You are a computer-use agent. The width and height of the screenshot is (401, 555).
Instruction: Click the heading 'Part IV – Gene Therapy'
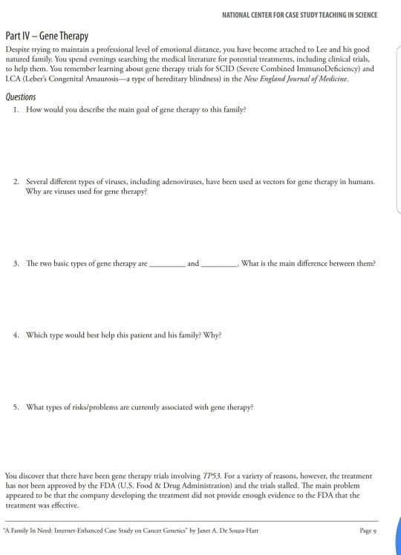47,36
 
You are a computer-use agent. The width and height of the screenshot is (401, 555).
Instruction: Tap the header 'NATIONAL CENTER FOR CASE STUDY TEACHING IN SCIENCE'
300,15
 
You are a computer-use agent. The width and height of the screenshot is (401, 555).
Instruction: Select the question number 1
16,110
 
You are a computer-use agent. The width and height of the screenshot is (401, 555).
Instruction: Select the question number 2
16,181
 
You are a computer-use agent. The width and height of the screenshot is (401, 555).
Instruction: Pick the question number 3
16,264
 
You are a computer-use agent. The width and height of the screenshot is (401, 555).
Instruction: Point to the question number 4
16,334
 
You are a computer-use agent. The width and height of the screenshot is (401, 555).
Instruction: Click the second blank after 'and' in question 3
218,265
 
